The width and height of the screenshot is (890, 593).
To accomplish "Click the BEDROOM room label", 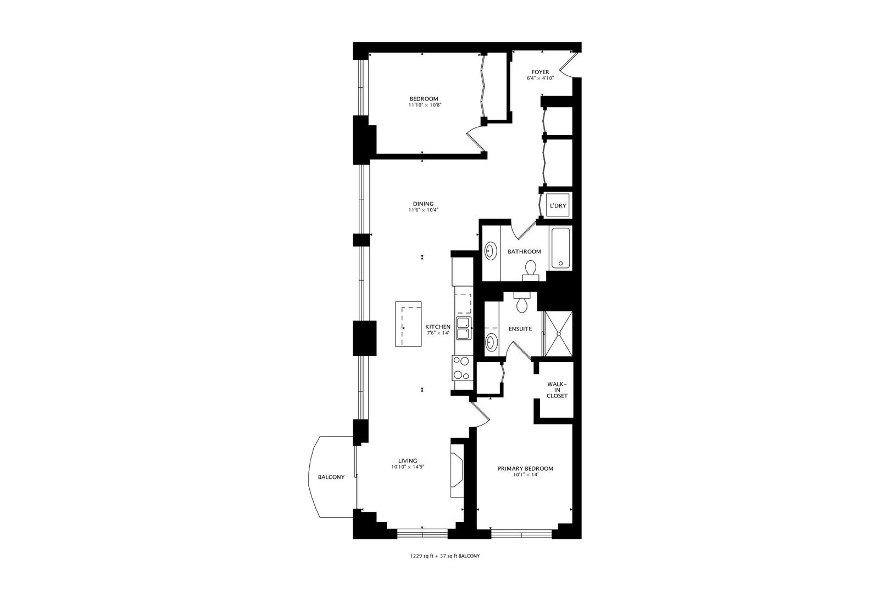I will pyautogui.click(x=424, y=99).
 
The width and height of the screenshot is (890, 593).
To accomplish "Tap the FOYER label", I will pyautogui.click(x=540, y=72).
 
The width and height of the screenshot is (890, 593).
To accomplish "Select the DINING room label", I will pyautogui.click(x=424, y=204).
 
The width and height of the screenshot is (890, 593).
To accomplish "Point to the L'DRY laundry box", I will pyautogui.click(x=558, y=206).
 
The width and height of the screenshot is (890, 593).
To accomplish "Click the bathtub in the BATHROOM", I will pyautogui.click(x=561, y=248).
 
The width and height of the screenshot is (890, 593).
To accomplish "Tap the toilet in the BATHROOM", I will pyautogui.click(x=531, y=269).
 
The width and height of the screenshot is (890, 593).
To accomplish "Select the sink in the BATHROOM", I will pyautogui.click(x=490, y=252).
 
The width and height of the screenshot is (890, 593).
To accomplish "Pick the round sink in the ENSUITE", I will pyautogui.click(x=491, y=343).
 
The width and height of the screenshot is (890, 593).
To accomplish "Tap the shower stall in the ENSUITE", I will pyautogui.click(x=558, y=333).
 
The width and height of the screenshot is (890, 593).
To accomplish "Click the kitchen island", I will pyautogui.click(x=409, y=324).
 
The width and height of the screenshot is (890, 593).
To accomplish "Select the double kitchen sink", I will pyautogui.click(x=464, y=328).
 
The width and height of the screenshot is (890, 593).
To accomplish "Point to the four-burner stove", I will pyautogui.click(x=461, y=368).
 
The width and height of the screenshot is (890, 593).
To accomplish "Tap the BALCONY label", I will pyautogui.click(x=331, y=477).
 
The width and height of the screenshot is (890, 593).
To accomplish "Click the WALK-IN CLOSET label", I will pyautogui.click(x=557, y=390).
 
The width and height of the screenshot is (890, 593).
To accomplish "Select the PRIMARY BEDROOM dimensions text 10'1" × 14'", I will pyautogui.click(x=525, y=475).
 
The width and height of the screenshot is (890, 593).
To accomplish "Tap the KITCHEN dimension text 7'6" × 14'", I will pyautogui.click(x=438, y=333).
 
